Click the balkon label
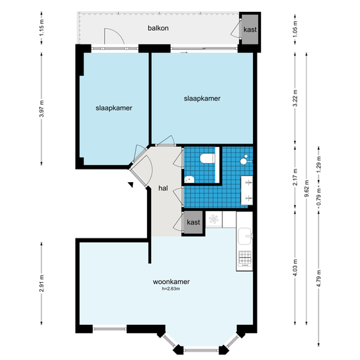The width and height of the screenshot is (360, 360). pyautogui.click(x=158, y=28)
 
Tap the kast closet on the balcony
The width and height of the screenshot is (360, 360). pyautogui.click(x=250, y=30)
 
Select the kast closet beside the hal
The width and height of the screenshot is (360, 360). pyautogui.click(x=193, y=222)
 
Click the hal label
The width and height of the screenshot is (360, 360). pyautogui.click(x=163, y=188)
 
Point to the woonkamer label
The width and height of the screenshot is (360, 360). pyautogui.click(x=171, y=281)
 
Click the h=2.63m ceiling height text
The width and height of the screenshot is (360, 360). pyautogui.click(x=171, y=289)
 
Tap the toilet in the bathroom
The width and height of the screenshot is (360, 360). pyautogui.click(x=207, y=158)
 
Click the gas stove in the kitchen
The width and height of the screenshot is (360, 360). pyautogui.click(x=245, y=259)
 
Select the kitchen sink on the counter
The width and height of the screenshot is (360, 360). pyautogui.click(x=245, y=236)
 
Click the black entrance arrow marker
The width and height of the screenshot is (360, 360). pyautogui.click(x=131, y=184)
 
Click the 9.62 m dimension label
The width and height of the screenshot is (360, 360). pyautogui.click(x=307, y=188)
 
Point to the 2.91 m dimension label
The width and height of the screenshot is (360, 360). pyautogui.click(x=41, y=283)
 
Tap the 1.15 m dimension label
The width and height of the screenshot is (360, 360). pyautogui.click(x=41, y=27)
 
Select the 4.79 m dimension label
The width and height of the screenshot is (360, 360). pyautogui.click(x=319, y=278)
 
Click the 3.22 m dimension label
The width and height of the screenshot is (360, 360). pyautogui.click(x=295, y=98)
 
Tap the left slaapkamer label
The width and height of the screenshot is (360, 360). pyautogui.click(x=114, y=108)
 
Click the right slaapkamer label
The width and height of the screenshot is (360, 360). pyautogui.click(x=202, y=98)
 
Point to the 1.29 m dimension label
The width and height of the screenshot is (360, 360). pyautogui.click(x=319, y=164)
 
